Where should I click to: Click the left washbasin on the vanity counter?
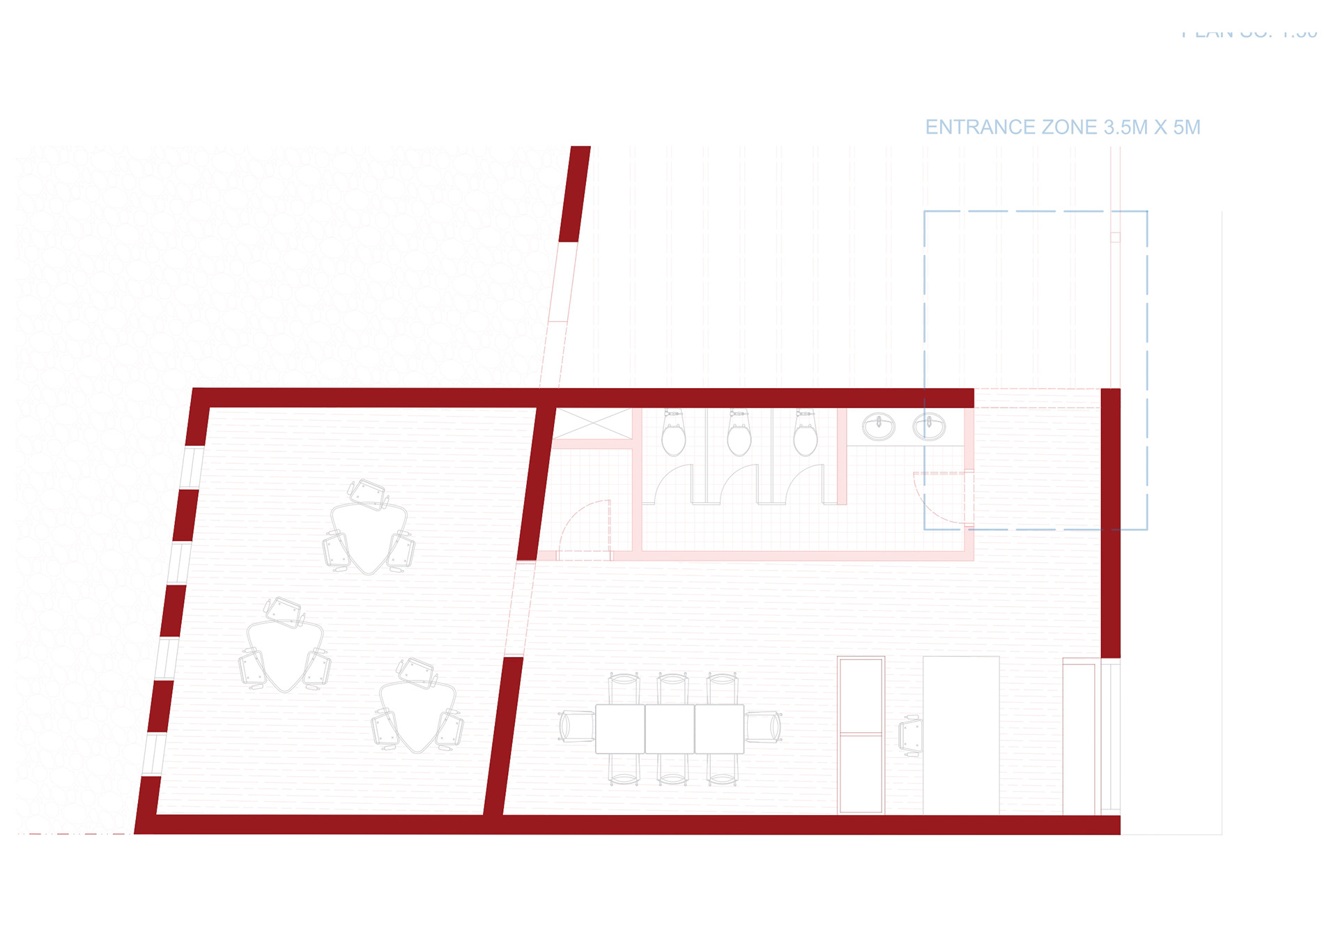coord(878,426)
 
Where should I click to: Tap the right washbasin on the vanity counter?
coord(929,426)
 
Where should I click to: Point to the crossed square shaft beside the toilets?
coord(592,424)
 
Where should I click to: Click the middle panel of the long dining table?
coord(670,729)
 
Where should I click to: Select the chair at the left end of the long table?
coord(575,727)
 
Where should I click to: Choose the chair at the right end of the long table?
coord(764,727)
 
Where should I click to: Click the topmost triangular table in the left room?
coord(369,536)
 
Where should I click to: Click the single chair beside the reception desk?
coord(911,736)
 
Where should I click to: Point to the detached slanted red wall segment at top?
coord(575,194)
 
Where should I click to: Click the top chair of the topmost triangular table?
coord(368,493)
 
